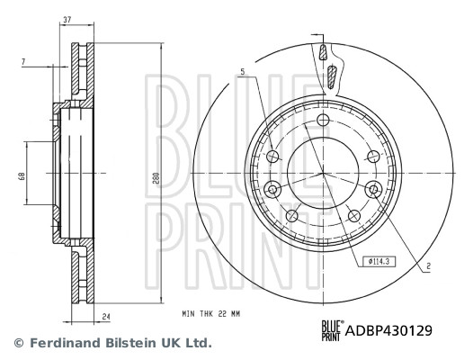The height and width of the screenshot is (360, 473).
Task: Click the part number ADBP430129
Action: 390,330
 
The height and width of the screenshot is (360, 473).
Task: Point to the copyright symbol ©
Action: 15,343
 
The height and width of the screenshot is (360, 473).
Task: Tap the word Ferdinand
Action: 59,343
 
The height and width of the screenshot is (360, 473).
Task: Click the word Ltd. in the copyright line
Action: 195,343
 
